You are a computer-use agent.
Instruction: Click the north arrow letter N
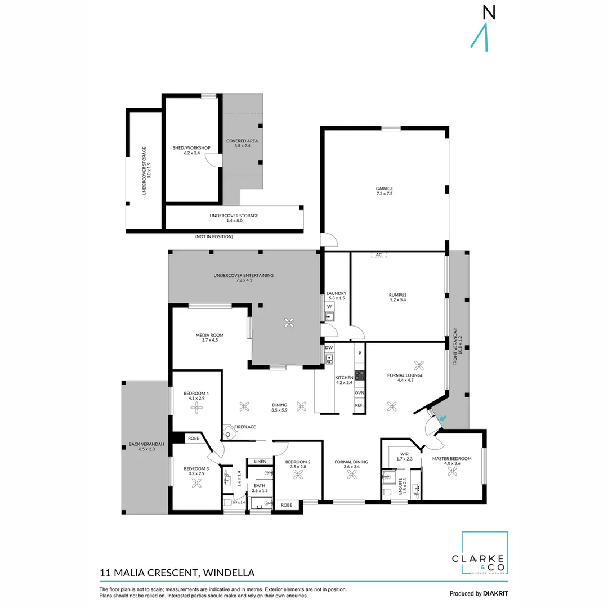tap(489, 13)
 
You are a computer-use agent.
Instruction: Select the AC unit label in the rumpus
tap(379, 255)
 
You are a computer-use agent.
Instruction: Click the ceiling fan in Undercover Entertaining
tap(289, 323)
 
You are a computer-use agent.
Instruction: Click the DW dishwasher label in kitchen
tap(329, 347)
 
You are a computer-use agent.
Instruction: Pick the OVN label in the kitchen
tap(359, 393)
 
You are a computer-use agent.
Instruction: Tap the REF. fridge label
tap(359, 405)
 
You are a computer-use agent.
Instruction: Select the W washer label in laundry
tap(329, 306)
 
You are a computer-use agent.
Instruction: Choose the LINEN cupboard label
tap(260, 462)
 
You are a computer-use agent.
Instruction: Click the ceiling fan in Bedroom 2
tap(298, 475)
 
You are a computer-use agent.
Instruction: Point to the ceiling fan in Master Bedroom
tap(451, 472)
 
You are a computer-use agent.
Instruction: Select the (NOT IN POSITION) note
tap(214, 236)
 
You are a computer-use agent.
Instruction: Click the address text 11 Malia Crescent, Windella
tap(177, 573)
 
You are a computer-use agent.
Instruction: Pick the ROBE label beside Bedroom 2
tap(287, 505)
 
